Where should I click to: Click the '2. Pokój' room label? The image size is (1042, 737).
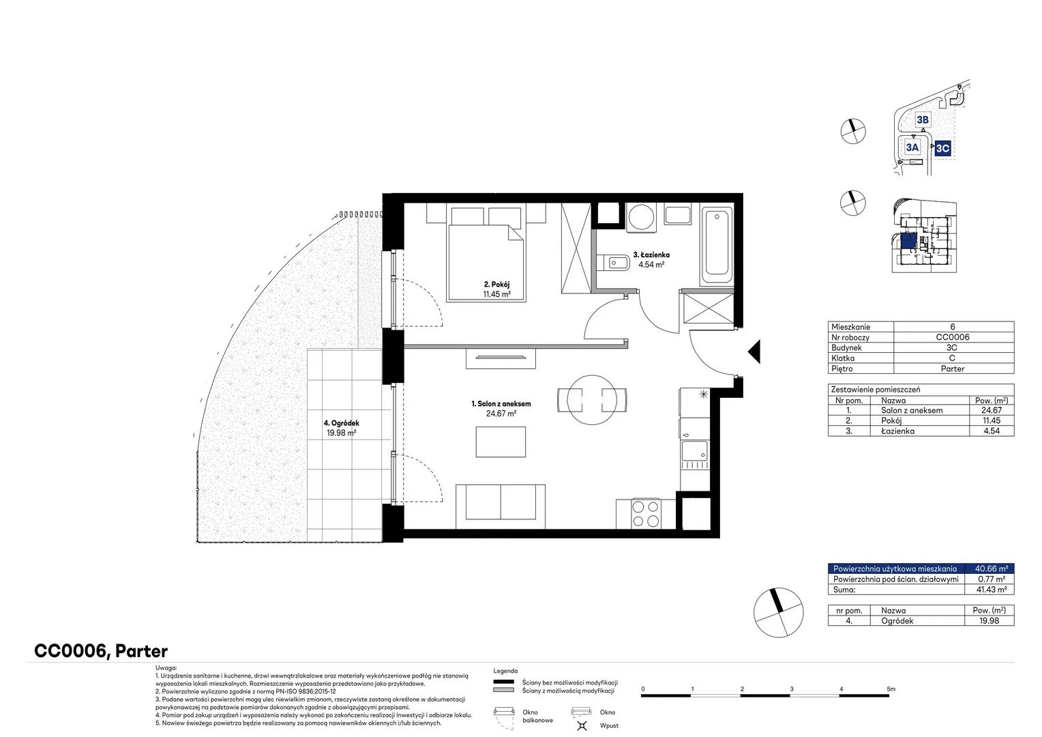coord(497,284)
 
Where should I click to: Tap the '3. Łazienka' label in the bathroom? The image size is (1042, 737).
coord(651,255)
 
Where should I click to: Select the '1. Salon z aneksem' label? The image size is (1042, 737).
coord(501,404)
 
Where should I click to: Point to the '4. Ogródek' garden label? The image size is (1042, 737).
coord(342,423)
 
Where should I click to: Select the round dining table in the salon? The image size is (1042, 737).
coord(592,400)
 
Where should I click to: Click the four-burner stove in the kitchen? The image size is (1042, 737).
coord(646,514)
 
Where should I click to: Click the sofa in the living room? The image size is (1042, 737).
coord(501,506)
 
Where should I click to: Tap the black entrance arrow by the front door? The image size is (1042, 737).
coord(754,351)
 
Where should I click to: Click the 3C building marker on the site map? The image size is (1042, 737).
coord(942,148)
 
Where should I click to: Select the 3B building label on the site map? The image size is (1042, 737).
coord(923,120)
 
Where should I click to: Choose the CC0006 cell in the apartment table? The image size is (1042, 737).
coord(953,337)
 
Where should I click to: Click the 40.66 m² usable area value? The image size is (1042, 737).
coord(992,568)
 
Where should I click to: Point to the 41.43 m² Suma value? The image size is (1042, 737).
coord(992,590)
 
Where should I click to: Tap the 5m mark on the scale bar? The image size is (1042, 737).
coord(891,689)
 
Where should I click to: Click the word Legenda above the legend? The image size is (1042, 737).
coord(505,671)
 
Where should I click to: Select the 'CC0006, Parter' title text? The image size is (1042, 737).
coord(101,651)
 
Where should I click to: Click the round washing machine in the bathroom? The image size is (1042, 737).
coord(641,217)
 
